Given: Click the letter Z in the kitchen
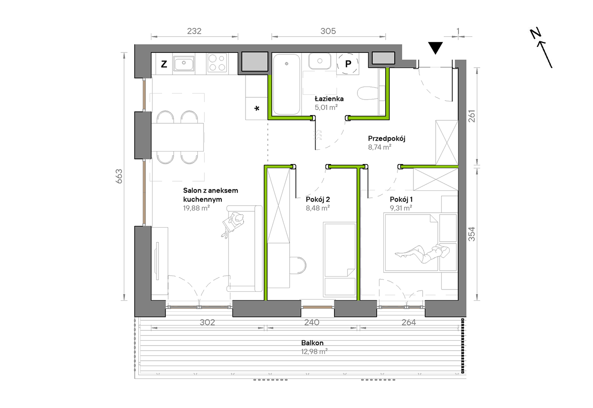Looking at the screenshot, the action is point(164,64).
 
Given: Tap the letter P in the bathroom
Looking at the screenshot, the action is point(348,64).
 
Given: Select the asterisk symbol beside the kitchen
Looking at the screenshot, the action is point(257,108).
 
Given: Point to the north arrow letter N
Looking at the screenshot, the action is point(536,33).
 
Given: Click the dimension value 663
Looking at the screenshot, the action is point(119,176).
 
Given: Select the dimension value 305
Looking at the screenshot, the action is point(328,31).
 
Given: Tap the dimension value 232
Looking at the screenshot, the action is point(194,31).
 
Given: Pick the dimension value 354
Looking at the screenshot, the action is point(472,234).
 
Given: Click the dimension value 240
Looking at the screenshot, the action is point(311,322).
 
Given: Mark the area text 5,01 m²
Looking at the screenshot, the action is point(326,107).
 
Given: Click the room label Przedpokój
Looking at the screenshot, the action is point(386,138).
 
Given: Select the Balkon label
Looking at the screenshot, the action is point(312,343).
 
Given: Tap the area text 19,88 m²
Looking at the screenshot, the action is point(196,208).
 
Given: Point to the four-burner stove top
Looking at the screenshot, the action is point(217,63).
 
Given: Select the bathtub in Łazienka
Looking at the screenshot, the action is point(287,84).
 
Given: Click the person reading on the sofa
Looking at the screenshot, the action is point(233,223).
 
